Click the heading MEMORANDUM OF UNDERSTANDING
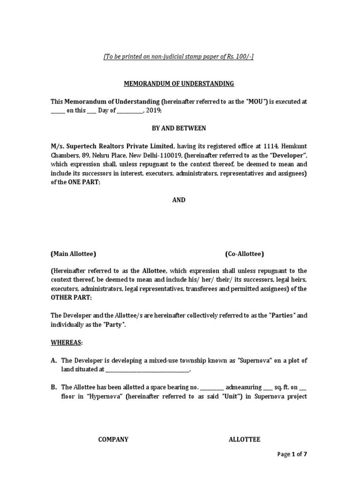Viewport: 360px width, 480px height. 179,83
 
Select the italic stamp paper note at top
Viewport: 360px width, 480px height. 179,56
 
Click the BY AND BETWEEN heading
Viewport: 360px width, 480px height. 179,128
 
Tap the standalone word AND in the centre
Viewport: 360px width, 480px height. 179,200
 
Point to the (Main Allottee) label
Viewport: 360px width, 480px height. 73,254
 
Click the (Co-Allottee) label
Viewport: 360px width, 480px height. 244,254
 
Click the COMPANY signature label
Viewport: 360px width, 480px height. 113,439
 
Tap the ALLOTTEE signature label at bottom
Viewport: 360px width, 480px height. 244,439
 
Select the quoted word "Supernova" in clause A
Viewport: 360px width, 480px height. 255,360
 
